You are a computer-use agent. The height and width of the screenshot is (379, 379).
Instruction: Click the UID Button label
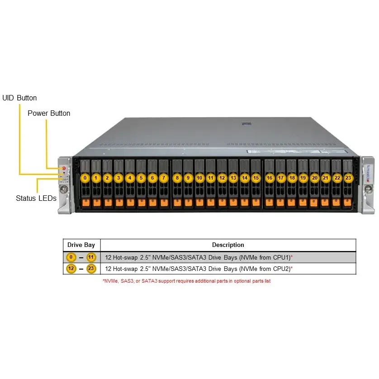(19, 98)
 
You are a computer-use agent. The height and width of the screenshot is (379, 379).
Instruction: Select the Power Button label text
(49, 113)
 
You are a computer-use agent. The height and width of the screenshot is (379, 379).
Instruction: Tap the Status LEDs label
(36, 198)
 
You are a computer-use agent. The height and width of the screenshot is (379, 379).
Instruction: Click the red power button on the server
(64, 168)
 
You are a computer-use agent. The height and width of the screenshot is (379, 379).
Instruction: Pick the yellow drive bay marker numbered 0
(85, 178)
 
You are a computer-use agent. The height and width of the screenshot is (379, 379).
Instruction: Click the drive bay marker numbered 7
(163, 178)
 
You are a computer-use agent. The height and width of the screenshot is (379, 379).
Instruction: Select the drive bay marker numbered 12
(222, 178)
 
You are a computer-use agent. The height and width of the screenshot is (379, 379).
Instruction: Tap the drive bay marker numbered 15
(256, 178)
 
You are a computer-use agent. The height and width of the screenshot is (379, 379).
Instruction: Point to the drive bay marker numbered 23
(348, 178)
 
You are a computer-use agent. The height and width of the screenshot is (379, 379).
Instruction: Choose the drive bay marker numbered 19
(303, 178)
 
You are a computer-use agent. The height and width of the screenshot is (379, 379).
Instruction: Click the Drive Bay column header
(81, 245)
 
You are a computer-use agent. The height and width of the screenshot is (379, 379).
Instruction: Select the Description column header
(228, 245)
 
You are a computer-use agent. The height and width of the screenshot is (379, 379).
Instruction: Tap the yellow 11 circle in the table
(92, 257)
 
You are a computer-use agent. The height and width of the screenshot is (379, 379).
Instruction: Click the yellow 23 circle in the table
(92, 269)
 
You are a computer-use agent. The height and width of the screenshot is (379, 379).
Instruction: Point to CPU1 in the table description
(280, 257)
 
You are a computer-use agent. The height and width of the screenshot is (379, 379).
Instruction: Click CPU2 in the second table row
(280, 269)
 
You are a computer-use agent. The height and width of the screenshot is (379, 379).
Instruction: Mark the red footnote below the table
(186, 281)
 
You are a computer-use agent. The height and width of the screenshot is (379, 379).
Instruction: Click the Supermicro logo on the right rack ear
(367, 175)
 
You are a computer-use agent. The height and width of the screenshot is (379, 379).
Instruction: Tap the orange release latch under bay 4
(130, 202)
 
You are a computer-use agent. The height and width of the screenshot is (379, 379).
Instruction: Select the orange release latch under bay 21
(325, 202)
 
